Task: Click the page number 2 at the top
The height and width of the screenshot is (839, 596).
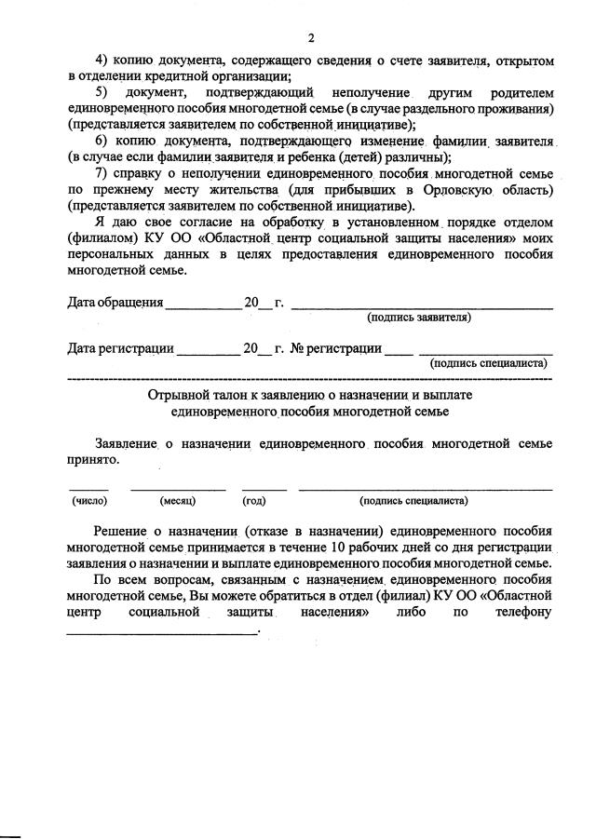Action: click(311, 37)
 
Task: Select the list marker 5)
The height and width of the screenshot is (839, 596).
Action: click(102, 94)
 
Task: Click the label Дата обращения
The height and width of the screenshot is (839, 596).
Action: click(115, 303)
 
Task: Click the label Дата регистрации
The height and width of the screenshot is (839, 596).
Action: click(121, 349)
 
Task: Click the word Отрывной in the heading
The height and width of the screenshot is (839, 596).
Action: click(175, 396)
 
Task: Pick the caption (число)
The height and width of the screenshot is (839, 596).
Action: click(89, 501)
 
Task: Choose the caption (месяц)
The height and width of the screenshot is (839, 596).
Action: click(177, 501)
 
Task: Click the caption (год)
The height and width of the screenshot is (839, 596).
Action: click(254, 501)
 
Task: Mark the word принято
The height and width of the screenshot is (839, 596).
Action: click(94, 459)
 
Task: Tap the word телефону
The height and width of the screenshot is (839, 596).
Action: click(522, 612)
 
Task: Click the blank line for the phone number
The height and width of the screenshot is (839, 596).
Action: click(162, 631)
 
